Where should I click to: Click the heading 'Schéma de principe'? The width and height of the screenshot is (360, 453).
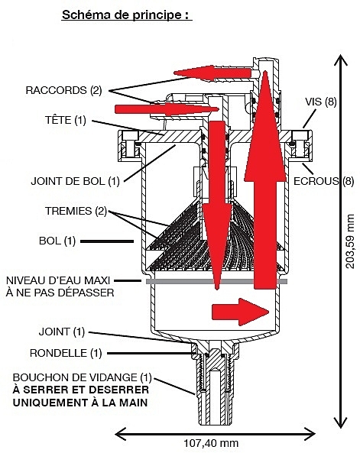127,15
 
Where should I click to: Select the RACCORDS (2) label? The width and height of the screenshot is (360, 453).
64,90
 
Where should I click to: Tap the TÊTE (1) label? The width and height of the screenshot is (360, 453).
66,120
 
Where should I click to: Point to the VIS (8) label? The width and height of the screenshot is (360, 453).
321,102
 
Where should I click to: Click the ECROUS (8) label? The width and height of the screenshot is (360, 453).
324,181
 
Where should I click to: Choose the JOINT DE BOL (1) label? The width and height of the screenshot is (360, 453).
75,182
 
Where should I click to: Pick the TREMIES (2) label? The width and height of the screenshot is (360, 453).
76,211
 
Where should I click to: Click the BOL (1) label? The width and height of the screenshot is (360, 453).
57,241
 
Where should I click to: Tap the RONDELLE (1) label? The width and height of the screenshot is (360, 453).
66,353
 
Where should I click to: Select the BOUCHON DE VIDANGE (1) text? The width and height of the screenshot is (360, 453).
82,377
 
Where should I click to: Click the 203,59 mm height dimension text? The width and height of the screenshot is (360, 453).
350,241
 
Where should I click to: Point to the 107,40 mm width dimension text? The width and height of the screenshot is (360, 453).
212,443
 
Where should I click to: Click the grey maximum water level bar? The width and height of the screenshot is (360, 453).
216,281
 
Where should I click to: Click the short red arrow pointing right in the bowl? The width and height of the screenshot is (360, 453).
241,312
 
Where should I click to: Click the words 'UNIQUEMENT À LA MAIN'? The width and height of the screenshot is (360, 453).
80,403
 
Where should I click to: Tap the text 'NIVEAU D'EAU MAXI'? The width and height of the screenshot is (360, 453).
58,280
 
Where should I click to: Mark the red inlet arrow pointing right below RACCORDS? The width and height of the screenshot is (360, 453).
167,109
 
